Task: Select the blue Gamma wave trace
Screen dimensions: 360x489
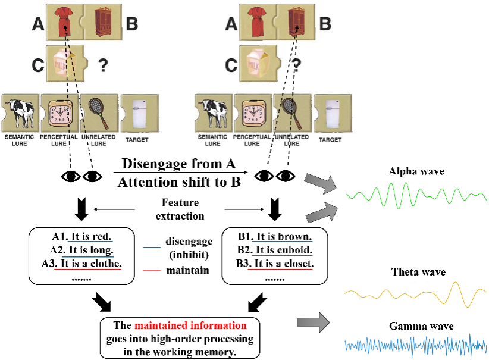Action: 416,345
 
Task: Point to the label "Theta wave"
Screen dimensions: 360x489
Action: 418,272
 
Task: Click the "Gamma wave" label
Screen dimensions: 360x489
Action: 421,326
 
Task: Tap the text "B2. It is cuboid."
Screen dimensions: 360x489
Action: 274,250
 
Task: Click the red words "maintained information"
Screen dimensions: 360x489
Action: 190,326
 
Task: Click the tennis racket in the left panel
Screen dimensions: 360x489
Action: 98,112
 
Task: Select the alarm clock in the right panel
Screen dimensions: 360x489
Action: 252,114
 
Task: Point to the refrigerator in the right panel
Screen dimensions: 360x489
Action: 332,113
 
